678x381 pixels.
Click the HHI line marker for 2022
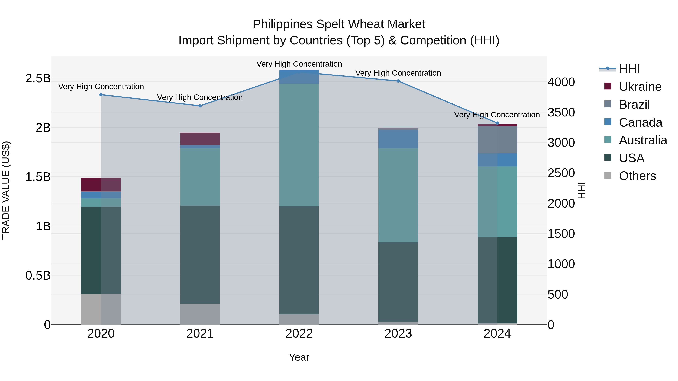click(299, 73)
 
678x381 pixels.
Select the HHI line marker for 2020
click(101, 95)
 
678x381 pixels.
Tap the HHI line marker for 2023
click(398, 81)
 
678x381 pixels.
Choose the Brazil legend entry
click(634, 105)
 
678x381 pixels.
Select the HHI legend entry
click(629, 69)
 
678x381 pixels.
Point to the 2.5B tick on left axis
click(38, 78)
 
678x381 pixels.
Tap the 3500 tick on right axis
click(561, 113)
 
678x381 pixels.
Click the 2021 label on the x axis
click(200, 334)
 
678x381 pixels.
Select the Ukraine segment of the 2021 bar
click(200, 139)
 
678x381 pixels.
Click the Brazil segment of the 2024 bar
click(497, 140)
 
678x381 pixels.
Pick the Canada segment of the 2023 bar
click(398, 139)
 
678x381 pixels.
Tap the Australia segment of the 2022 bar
click(299, 145)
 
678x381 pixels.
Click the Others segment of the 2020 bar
click(101, 309)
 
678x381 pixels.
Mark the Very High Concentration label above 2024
click(497, 115)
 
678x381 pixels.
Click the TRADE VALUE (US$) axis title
click(6, 190)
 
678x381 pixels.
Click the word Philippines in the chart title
click(283, 24)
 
